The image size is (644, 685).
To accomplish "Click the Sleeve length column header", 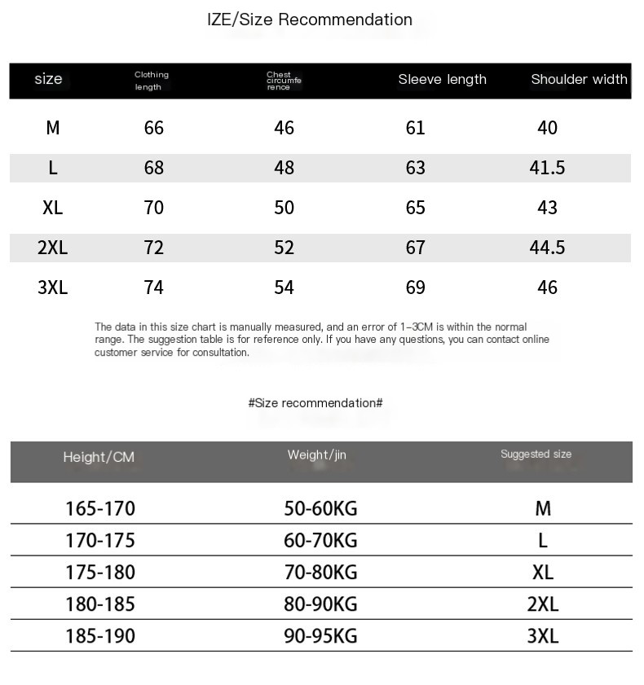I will coord(442,79).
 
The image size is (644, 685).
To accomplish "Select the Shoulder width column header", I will coord(579,79).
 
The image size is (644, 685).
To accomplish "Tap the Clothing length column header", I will coord(152,81).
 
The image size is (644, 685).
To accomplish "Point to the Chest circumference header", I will coord(284,81).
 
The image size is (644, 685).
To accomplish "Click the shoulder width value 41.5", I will coord(547,168).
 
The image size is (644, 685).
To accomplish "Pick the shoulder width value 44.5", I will coord(547,248).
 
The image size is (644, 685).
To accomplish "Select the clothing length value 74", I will coord(153,288).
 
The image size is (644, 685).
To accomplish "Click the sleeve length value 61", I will coord(415,128).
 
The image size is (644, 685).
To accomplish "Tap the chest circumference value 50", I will coord(284,208).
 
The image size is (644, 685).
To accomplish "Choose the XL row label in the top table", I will coord(52,208).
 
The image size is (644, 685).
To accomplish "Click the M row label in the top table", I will coord(53,128).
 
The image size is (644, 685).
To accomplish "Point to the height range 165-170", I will coord(100,509).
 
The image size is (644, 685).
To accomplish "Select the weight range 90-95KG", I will coord(320,636).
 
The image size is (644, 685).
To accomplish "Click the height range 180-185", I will coord(100,604).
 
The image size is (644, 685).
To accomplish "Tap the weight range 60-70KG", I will coord(320,541).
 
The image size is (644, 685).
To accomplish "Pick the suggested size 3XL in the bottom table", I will coord(543,636).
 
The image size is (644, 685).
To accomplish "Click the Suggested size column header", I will coord(536,454).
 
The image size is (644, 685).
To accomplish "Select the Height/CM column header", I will coord(99,457).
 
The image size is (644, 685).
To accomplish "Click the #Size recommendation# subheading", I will coord(315,403).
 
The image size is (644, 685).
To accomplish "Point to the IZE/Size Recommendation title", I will coord(310,20).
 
